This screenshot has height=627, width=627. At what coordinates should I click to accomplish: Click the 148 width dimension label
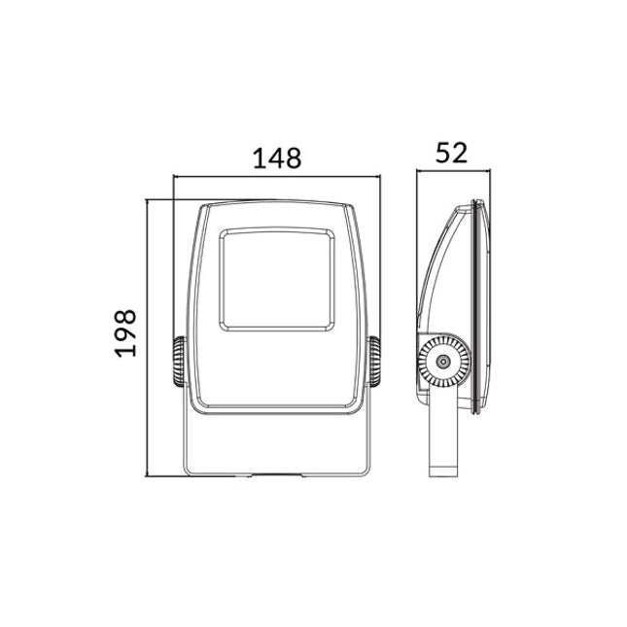277,158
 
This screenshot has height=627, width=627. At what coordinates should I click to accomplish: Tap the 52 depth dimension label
451,153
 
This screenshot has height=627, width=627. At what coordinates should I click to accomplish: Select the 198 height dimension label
125,333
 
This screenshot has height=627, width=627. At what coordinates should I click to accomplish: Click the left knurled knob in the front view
180,362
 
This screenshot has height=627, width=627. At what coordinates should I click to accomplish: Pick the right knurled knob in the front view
374,362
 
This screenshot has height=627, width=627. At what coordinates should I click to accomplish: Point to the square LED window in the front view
277,280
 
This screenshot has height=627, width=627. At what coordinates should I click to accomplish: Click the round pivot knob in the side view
443,362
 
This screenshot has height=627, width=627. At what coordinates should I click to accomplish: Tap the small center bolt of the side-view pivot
443,362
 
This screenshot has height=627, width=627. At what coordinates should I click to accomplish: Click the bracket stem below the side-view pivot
443,432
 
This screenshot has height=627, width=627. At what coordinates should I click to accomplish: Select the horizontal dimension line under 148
277,176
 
